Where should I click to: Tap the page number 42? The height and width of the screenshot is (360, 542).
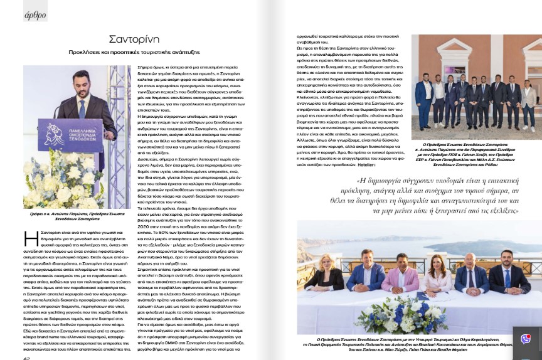(x=27, y=356)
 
